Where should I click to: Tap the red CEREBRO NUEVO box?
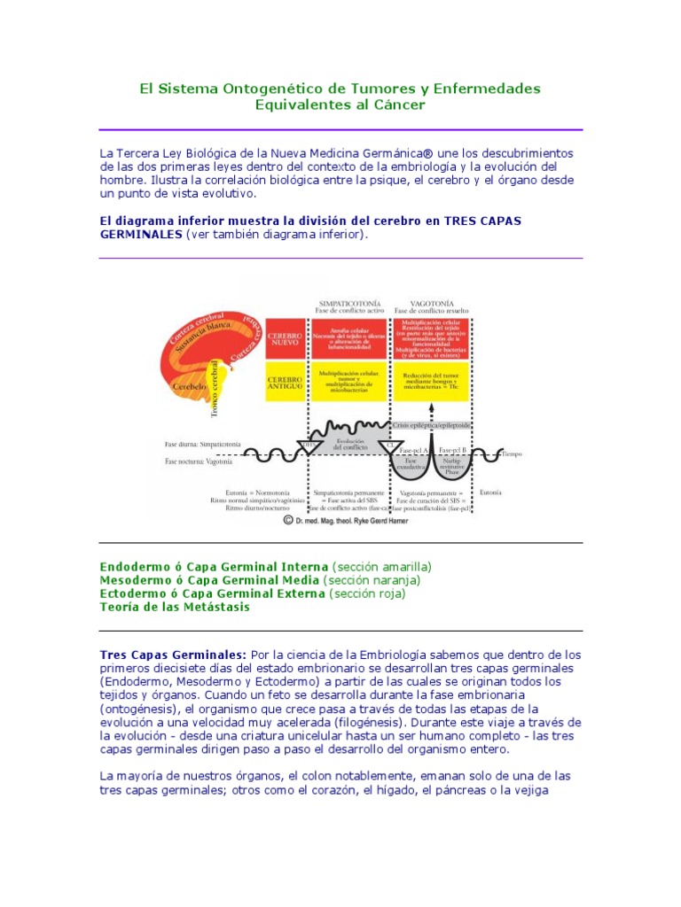pos(285,340)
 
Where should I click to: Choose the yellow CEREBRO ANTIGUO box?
pos(285,382)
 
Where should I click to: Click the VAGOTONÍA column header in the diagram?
pos(431,304)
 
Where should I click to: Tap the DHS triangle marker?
pos(309,446)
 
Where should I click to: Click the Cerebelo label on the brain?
pos(191,386)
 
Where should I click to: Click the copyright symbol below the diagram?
pos(287,522)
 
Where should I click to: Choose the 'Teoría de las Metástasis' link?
pos(175,607)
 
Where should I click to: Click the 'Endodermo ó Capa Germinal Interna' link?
pos(214,566)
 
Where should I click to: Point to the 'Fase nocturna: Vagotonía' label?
pos(199,461)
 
